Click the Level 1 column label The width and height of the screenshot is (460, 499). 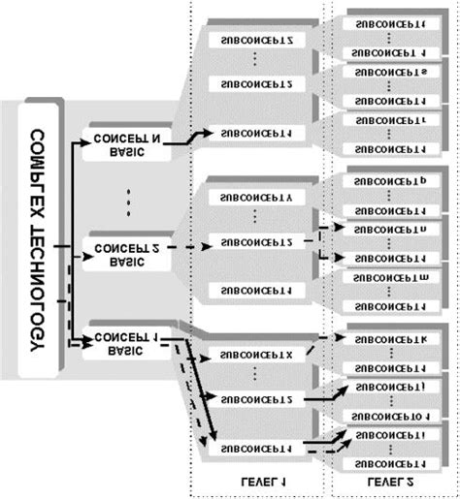(x=255, y=478)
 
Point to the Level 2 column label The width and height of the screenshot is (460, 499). (x=388, y=478)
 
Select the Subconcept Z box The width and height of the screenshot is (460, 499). (x=256, y=41)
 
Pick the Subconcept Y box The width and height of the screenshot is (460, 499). (x=256, y=198)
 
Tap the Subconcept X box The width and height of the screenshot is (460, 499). (x=256, y=355)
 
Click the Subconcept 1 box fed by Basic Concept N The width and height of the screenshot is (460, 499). (x=256, y=131)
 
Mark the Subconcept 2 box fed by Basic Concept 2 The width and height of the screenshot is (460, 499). (x=256, y=241)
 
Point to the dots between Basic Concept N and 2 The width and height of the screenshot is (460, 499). (x=126, y=202)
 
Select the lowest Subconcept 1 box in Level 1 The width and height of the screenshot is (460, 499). (x=256, y=449)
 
